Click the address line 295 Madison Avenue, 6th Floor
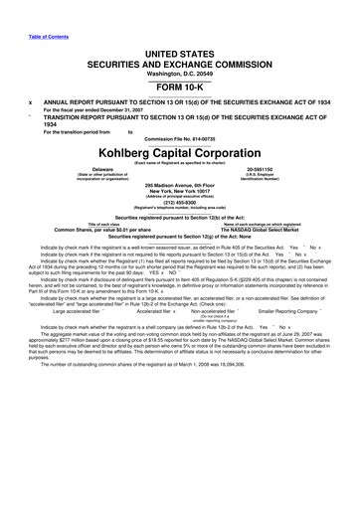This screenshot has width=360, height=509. tap(180, 187)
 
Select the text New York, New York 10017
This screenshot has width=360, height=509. tap(180, 193)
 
